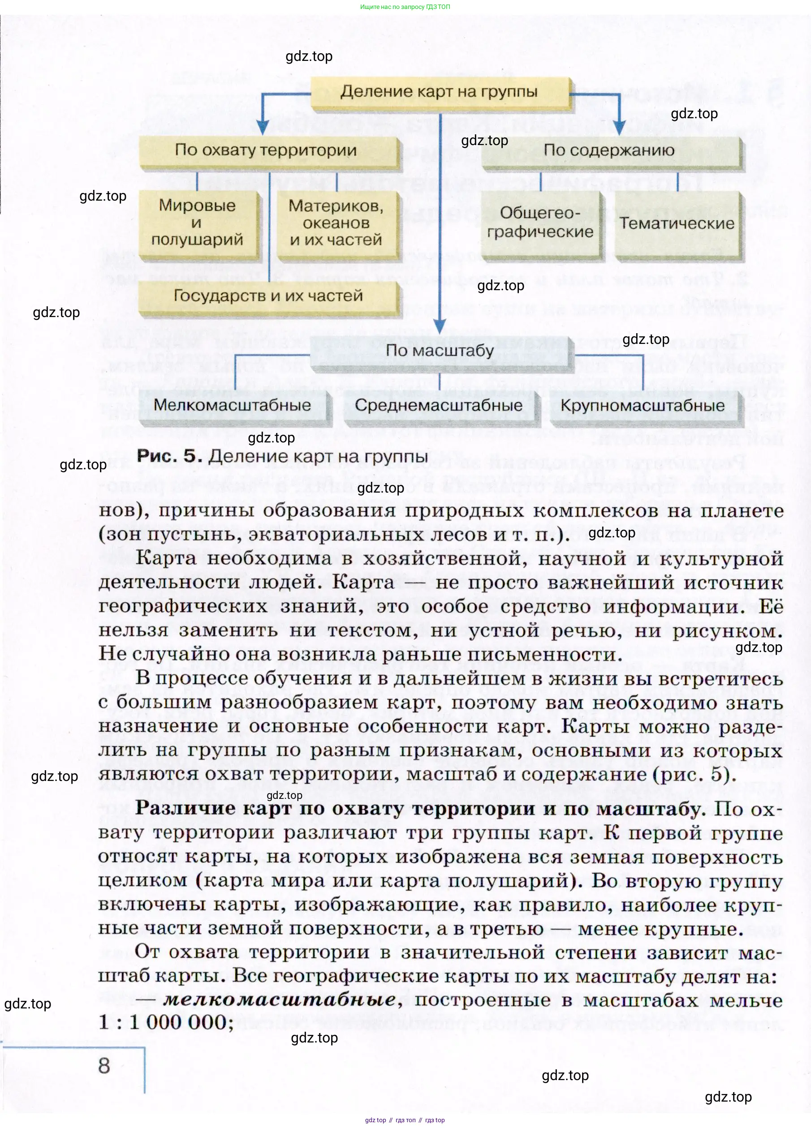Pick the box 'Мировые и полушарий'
tap(198, 223)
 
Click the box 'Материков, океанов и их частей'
tap(336, 223)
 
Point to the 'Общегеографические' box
tap(540, 223)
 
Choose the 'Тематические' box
tap(677, 224)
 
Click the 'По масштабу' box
tap(440, 351)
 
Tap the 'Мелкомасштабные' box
tap(233, 405)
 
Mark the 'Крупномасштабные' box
tap(643, 406)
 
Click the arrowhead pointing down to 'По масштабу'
tap(440, 326)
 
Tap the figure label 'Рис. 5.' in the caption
tap(169, 456)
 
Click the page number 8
tap(104, 1066)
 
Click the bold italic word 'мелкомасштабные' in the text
tap(280, 999)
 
